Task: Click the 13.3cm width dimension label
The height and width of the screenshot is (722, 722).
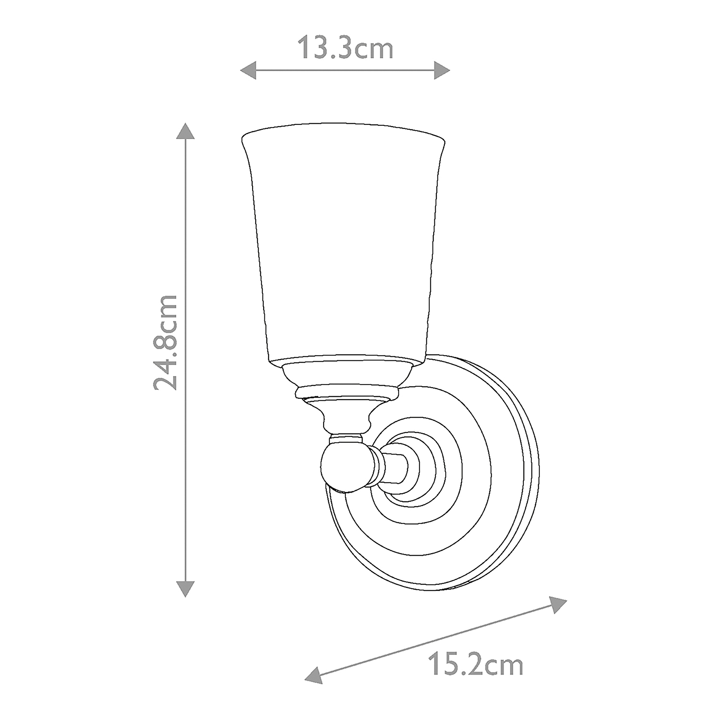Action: point(345,48)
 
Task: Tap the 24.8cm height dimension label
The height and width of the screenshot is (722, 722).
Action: point(165,342)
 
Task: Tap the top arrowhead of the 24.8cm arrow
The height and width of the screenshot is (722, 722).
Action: point(185,131)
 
